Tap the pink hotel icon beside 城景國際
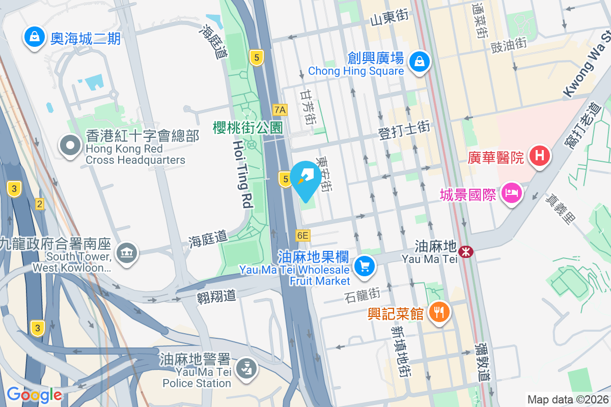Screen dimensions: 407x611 tap(510, 193)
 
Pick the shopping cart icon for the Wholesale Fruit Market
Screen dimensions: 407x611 tap(364, 266)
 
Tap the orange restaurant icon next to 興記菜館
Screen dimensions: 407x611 tap(438, 311)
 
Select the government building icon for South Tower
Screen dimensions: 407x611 tap(126, 253)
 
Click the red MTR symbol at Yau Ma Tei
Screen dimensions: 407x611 tap(465, 251)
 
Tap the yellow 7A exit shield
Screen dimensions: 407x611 tap(280, 109)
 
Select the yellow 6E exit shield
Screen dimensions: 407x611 tap(302, 235)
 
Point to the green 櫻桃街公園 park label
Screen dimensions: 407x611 tap(247, 127)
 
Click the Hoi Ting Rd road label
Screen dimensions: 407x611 tap(243, 175)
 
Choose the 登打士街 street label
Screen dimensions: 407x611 tap(404, 131)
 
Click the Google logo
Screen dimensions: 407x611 tap(34, 395)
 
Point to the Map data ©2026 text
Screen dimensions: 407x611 tap(568, 399)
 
